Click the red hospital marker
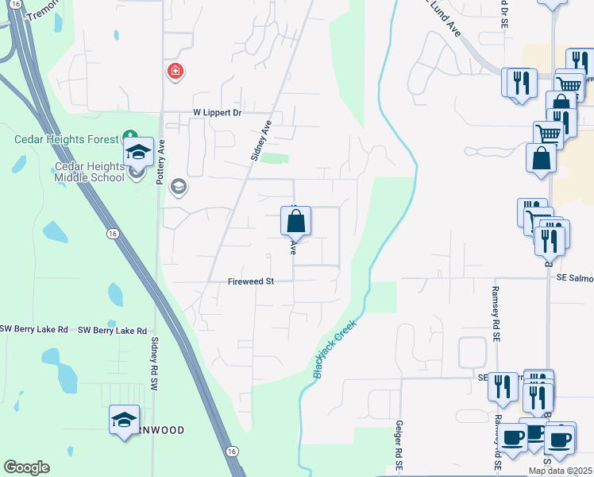pyautogui.click(x=175, y=72)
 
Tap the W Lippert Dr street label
pyautogui.click(x=217, y=113)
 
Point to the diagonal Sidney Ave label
pyautogui.click(x=261, y=141)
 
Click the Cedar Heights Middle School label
pyautogui.click(x=89, y=171)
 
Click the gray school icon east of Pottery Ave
pyautogui.click(x=178, y=187)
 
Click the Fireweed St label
pyautogui.click(x=250, y=281)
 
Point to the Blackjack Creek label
pyautogui.click(x=334, y=348)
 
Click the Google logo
pyautogui.click(x=26, y=467)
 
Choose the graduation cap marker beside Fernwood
pyautogui.click(x=124, y=420)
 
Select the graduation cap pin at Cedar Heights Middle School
pyautogui.click(x=138, y=151)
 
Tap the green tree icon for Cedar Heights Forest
pyautogui.click(x=128, y=137)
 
